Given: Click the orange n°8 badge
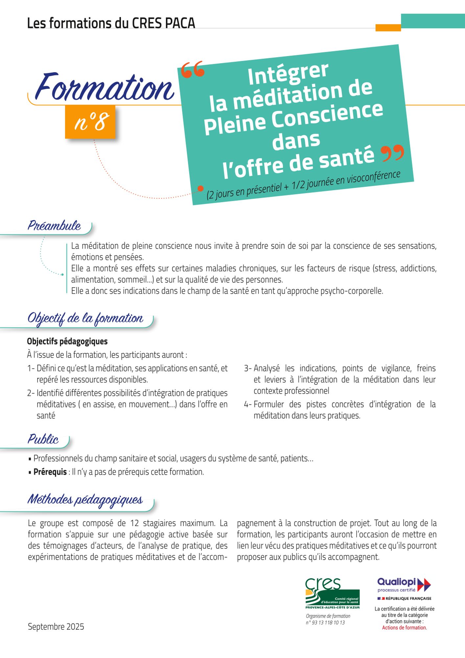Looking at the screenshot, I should click(90, 122).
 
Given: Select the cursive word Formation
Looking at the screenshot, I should click(105, 88).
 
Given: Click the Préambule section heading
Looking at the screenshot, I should click(54, 226).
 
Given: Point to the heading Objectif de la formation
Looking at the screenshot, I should click(85, 318).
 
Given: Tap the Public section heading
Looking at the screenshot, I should click(43, 440).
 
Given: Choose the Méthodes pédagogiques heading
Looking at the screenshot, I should click(85, 499).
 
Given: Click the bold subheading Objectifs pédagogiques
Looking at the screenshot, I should click(67, 342).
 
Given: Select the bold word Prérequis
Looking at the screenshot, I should click(50, 472).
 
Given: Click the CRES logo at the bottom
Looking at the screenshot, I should click(332, 594).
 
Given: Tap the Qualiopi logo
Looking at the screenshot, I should click(404, 585).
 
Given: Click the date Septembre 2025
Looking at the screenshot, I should click(56, 627).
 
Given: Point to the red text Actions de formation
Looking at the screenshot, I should click(404, 628).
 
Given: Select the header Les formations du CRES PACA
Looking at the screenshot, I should click(111, 23).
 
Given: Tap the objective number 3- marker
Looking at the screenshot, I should click(248, 368).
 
